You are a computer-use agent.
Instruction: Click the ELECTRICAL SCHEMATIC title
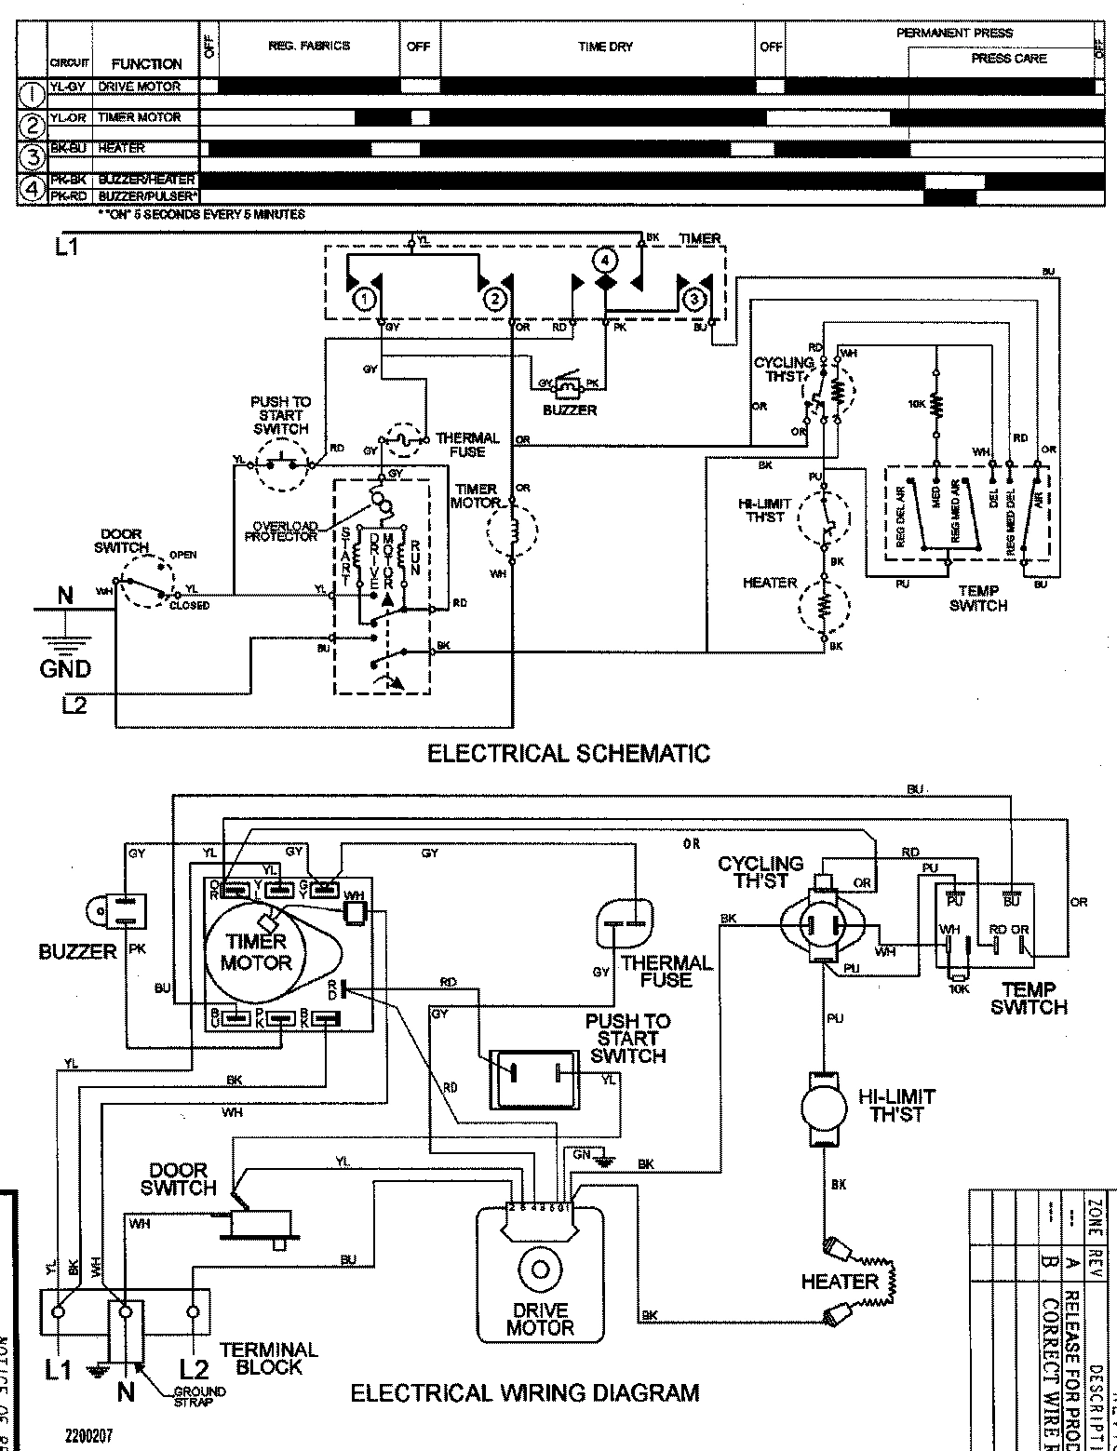pos(568,753)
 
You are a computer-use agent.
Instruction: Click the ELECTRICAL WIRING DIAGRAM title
pos(524,1393)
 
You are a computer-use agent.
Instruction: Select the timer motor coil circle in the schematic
pos(511,531)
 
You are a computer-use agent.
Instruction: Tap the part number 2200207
pos(88,1436)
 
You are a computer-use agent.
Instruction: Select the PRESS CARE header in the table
pos(1008,59)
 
